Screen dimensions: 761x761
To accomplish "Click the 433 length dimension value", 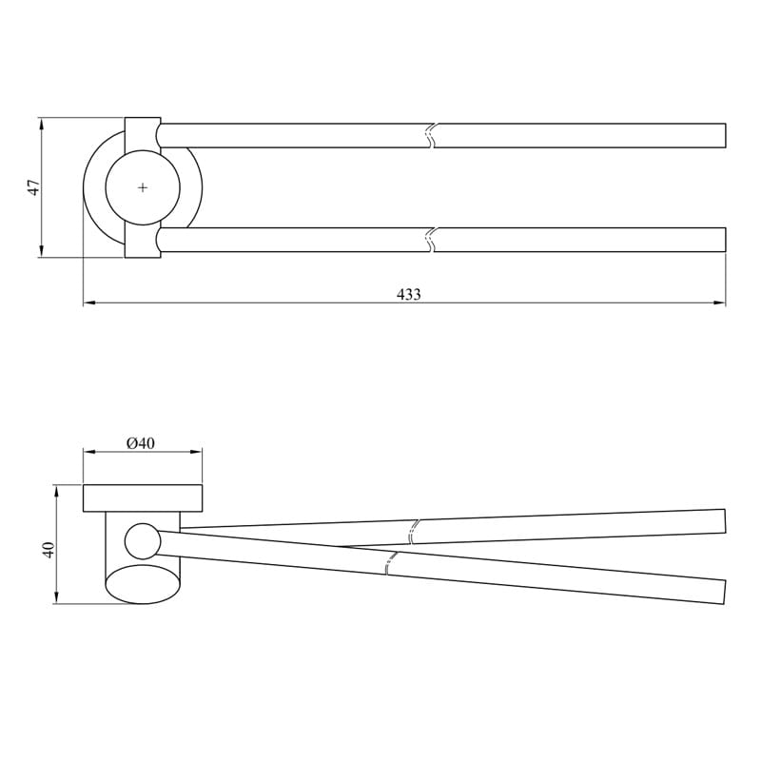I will pos(408,295).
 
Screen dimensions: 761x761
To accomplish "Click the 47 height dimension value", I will pos(33,187).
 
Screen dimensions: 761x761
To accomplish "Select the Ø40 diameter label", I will pos(140,443).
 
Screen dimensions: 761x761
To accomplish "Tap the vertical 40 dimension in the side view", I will pos(48,549).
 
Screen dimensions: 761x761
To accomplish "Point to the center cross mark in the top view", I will pos(143,187).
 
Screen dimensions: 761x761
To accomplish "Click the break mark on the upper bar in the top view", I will pos(431,135).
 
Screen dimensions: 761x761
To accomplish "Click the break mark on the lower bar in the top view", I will pos(431,239).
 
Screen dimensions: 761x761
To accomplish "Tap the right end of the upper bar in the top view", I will pos(724,135).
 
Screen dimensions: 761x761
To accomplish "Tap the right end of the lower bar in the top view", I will pos(724,239).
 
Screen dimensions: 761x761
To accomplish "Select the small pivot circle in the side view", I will pos(142,540).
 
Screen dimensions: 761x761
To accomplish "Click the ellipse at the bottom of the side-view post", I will pos(143,584).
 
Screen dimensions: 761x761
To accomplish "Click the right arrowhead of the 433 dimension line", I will pos(721,303).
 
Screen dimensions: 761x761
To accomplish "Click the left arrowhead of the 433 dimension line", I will pos(88,303).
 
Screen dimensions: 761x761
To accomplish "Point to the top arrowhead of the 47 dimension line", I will pos(41,123).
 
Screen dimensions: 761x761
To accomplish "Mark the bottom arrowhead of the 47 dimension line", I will pos(41,252).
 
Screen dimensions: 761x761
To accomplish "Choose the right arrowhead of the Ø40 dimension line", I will pos(198,453).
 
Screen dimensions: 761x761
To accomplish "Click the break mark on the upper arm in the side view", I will pos(414,531).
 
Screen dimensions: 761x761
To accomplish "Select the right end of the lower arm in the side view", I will pos(724,592).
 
